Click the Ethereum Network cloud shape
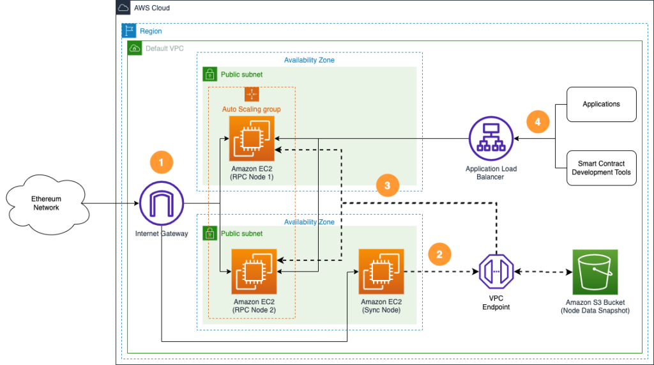point(47,204)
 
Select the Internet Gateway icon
point(161,204)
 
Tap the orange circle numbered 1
point(161,163)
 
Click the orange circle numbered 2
point(439,254)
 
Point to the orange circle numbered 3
point(387,186)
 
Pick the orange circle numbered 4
point(537,121)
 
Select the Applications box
point(601,104)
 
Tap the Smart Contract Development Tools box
point(601,168)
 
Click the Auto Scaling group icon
point(252,94)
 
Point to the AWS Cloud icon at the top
point(124,8)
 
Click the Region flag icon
point(129,31)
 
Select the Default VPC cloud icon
point(135,48)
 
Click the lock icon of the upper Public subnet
point(210,75)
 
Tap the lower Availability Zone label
point(309,222)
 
